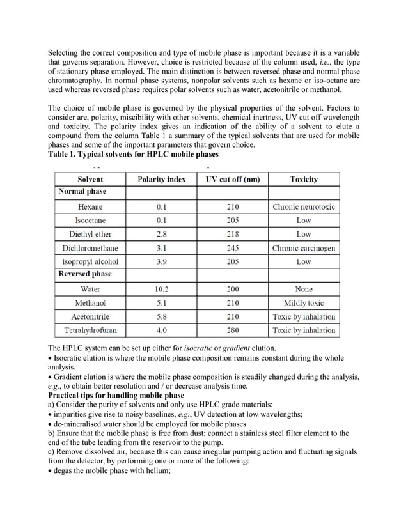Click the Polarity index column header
[162, 180]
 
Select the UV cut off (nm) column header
[233, 180]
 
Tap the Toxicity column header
[303, 180]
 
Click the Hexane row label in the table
[90, 207]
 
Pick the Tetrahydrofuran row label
[90, 330]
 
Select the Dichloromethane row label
[90, 248]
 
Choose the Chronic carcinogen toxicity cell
[304, 248]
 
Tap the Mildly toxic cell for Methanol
[304, 303]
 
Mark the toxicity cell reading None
[304, 289]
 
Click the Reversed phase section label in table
[85, 274]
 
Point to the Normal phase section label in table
[82, 191]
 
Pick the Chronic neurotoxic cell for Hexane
[304, 207]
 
